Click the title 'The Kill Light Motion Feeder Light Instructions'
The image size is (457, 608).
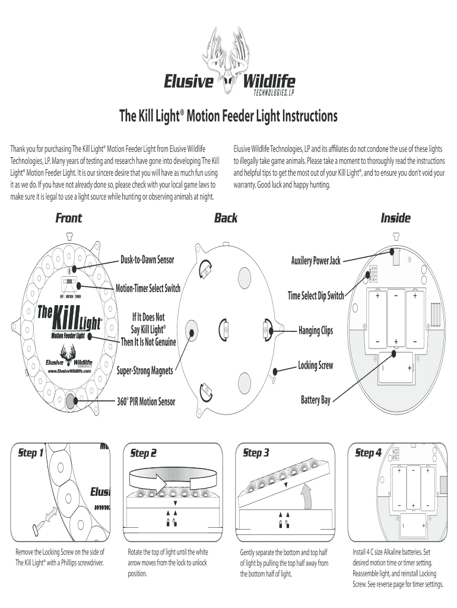[228, 116]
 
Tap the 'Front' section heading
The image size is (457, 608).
[69, 218]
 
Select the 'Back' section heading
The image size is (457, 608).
[226, 218]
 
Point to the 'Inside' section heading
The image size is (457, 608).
[395, 218]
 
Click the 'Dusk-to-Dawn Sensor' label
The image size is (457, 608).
[147, 260]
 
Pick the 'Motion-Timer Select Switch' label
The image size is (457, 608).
[148, 289]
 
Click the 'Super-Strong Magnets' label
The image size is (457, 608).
[145, 370]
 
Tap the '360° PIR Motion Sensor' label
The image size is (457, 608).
[146, 402]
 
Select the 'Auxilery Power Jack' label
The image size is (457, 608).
[315, 261]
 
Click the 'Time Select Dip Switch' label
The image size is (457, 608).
[316, 295]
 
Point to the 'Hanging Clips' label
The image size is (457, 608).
[315, 330]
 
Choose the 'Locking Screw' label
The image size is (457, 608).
[315, 366]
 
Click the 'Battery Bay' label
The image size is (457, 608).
[316, 401]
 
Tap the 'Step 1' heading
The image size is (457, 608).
[30, 454]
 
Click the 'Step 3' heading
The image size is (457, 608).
[256, 454]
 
